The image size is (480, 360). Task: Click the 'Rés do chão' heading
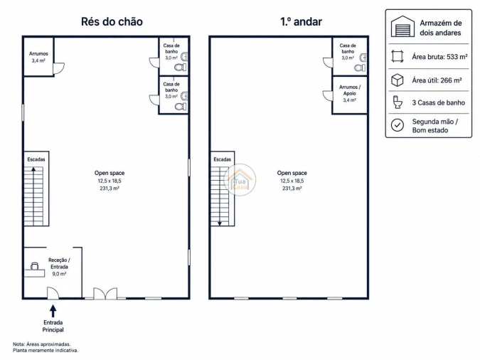(x=112, y=22)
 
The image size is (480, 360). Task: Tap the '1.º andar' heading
(x=301, y=22)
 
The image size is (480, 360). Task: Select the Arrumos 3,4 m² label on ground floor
(x=38, y=57)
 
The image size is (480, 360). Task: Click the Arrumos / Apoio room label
(x=350, y=93)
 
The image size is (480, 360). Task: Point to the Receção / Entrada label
(x=59, y=267)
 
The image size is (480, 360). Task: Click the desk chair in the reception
(x=35, y=265)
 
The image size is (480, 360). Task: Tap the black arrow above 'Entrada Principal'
(x=53, y=311)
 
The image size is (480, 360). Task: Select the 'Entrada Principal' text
(x=53, y=326)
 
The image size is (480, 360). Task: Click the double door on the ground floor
(x=105, y=293)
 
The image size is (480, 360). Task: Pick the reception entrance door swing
(x=53, y=293)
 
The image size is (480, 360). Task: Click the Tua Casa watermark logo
(x=240, y=180)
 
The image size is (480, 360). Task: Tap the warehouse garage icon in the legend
(x=402, y=26)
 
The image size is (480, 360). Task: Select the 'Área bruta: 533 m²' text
(x=439, y=57)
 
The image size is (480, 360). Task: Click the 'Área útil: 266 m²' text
(x=437, y=80)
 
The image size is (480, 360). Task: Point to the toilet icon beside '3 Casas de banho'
(x=398, y=102)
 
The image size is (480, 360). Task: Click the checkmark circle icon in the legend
(x=398, y=125)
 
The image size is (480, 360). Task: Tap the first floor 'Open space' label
(x=292, y=181)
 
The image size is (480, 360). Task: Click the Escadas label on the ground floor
(x=36, y=159)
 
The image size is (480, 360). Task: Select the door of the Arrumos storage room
(x=58, y=68)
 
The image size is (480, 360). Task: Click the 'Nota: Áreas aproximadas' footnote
(x=42, y=344)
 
